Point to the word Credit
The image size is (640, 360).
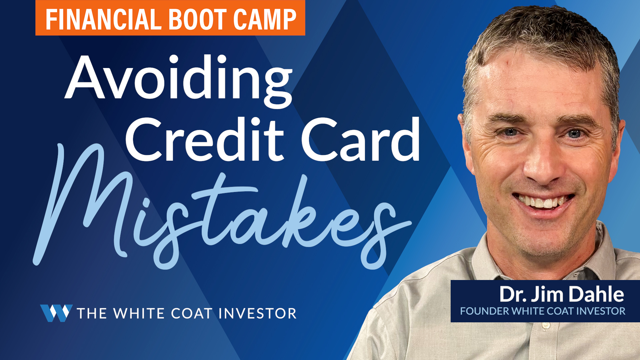pyautogui.click(x=204, y=139)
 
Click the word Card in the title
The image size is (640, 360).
pyautogui.click(x=361, y=139)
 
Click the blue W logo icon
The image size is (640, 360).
pyautogui.click(x=56, y=313)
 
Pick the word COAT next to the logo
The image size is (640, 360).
pyautogui.click(x=192, y=313)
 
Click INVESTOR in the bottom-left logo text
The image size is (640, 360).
pyautogui.click(x=258, y=313)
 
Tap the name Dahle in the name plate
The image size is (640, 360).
pyautogui.click(x=596, y=294)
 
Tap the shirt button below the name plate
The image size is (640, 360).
pyautogui.click(x=545, y=326)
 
